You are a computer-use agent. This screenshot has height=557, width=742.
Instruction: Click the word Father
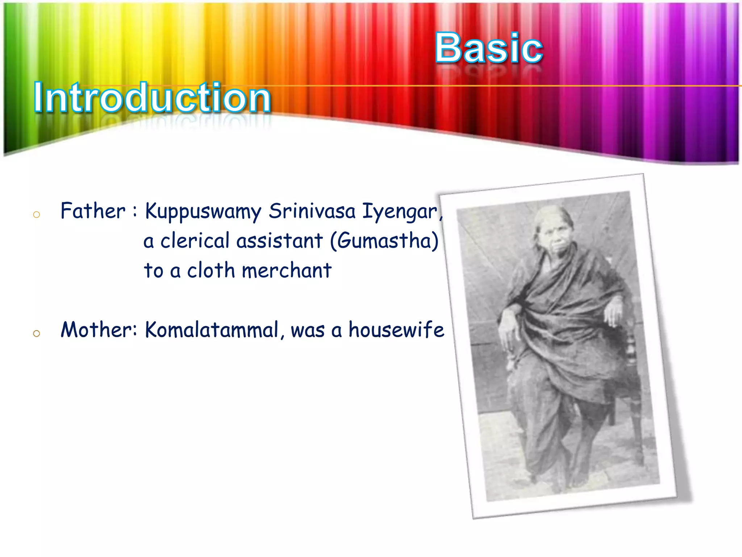[x=93, y=211]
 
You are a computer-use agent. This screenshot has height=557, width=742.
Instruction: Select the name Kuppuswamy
[x=203, y=212]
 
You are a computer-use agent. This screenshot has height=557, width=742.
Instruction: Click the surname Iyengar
[x=400, y=212]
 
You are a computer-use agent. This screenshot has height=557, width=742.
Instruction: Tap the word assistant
[x=279, y=241]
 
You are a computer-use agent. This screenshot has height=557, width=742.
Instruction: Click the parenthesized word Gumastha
[x=384, y=241]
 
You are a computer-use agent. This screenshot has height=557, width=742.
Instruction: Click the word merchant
[x=286, y=271]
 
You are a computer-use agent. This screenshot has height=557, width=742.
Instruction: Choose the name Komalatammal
[x=212, y=330]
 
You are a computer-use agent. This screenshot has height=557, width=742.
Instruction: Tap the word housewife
[x=396, y=330]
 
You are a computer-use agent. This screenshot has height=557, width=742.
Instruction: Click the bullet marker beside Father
[x=36, y=215]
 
